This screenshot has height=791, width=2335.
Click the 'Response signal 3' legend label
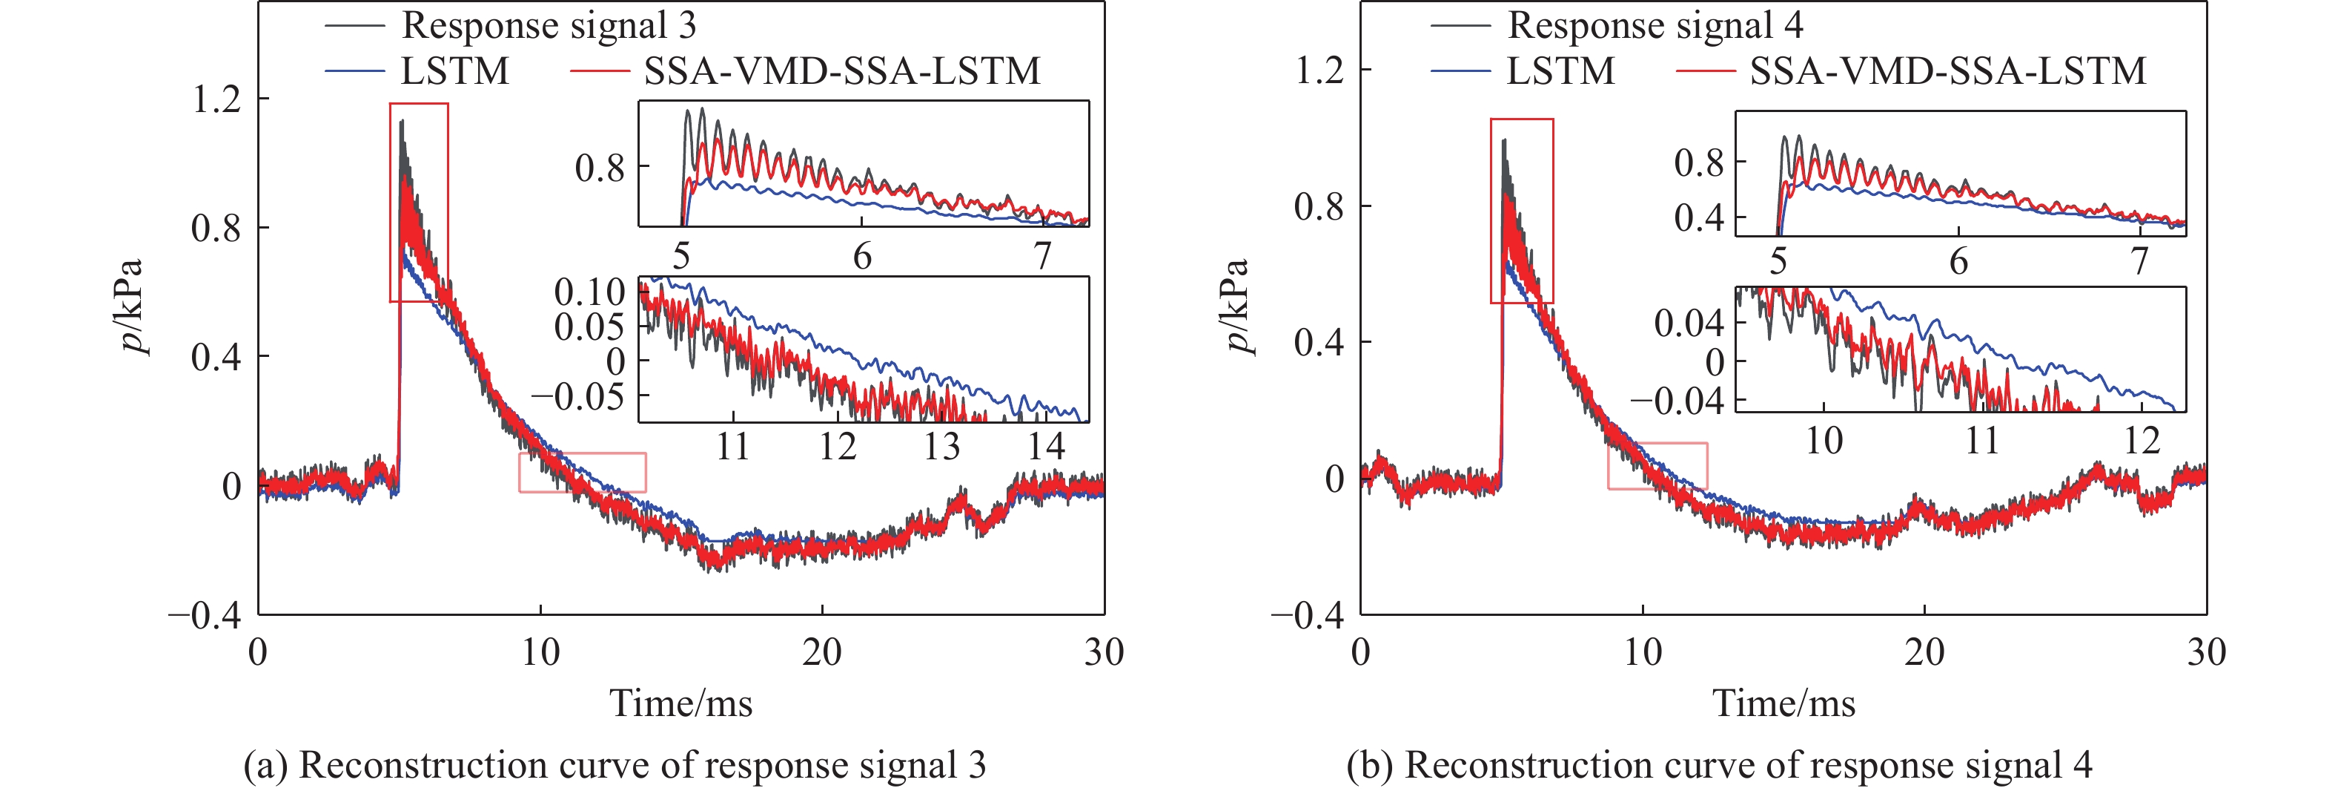pos(549,25)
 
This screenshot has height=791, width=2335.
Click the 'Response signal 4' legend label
pos(1655,25)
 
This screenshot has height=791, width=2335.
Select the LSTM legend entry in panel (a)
pos(455,70)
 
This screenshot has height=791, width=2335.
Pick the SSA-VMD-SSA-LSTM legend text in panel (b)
pos(1947,70)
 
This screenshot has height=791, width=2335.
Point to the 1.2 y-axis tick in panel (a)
pos(216,98)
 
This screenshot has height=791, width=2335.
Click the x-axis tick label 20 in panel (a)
pos(821,652)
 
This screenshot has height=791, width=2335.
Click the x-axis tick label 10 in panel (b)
pos(1642,652)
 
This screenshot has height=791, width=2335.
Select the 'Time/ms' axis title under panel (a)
pos(680,703)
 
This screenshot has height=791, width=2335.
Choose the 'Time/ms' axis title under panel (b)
pos(1783,703)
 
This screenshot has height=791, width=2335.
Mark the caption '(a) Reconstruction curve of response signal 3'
pos(614,765)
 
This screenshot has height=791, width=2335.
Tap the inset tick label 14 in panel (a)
pos(1046,446)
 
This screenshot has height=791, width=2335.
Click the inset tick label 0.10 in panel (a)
pos(589,292)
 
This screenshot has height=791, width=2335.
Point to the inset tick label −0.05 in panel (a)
pos(577,395)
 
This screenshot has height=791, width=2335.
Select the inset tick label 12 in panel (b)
pos(2142,441)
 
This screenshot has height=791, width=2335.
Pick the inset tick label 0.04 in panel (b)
pos(1688,323)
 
